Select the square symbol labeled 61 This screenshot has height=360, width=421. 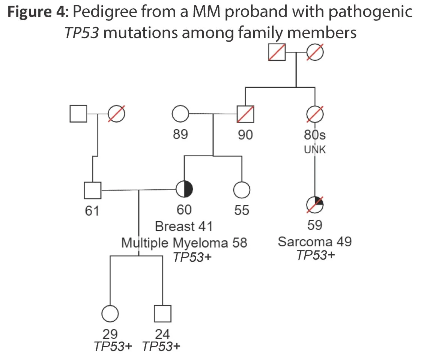[x=92, y=190]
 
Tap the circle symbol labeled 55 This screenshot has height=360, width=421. [x=242, y=190]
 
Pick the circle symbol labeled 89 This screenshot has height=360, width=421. [x=180, y=113]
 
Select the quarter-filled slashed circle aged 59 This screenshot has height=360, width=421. [x=314, y=204]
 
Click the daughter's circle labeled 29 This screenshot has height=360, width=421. [x=110, y=313]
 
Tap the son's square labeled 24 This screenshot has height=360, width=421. [x=162, y=313]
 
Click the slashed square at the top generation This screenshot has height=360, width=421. [x=277, y=52]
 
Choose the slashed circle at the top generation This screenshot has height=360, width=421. [x=315, y=52]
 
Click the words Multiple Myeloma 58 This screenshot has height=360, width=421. [x=184, y=243]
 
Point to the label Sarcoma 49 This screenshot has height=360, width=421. [x=315, y=241]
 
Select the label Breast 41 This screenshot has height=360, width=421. [x=184, y=226]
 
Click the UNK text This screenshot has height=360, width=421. [x=315, y=150]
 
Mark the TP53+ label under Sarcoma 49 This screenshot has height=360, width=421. [x=315, y=255]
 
